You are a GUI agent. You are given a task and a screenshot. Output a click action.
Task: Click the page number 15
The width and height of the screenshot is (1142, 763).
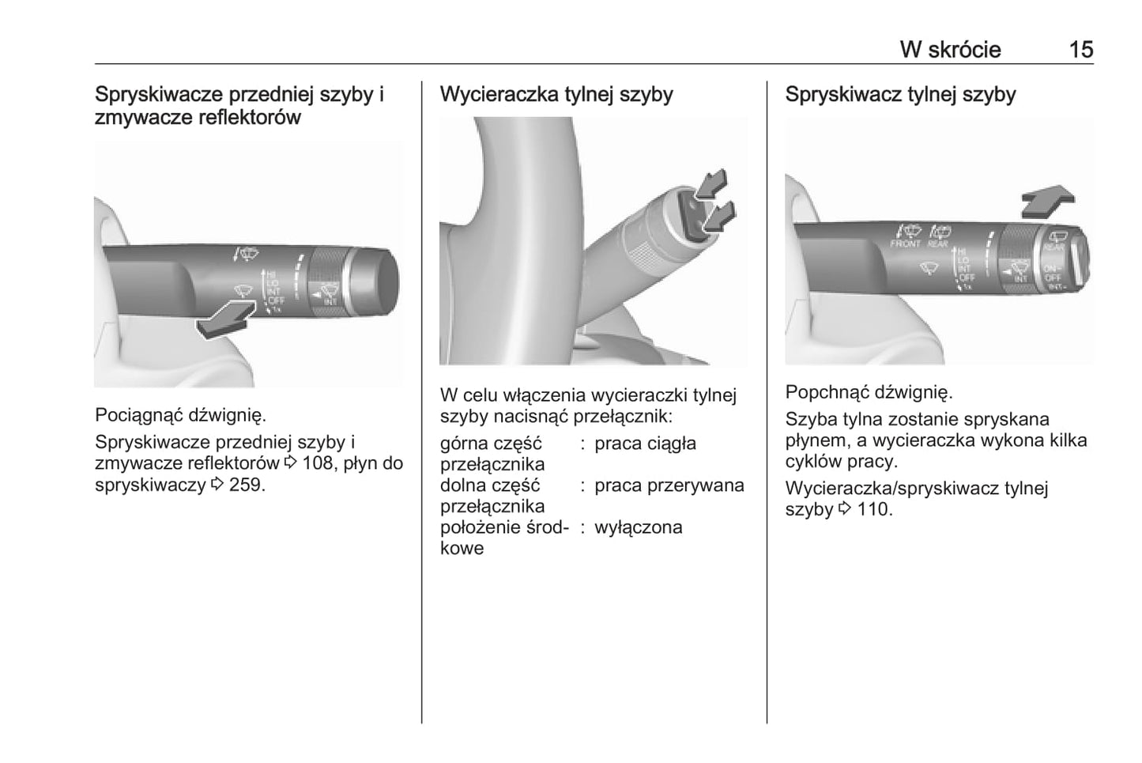click(1080, 50)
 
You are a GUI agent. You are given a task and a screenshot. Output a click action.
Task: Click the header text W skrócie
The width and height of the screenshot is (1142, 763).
click(950, 50)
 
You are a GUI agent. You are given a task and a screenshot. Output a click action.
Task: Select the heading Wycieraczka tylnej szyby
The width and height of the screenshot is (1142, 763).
click(556, 94)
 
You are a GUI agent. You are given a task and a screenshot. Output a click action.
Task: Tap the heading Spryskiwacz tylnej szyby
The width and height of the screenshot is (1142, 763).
click(900, 94)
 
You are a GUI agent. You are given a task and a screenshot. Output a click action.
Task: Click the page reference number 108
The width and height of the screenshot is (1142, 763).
click(318, 463)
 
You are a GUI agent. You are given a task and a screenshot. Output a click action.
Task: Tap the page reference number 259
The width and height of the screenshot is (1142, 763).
click(244, 485)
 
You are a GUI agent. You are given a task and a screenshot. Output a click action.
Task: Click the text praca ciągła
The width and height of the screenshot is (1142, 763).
click(645, 444)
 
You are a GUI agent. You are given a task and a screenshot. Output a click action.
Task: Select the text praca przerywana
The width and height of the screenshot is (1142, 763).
click(669, 485)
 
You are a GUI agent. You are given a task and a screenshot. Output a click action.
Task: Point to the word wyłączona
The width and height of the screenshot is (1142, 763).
click(638, 527)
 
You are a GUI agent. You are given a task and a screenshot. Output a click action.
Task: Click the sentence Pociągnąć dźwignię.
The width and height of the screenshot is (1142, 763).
click(181, 415)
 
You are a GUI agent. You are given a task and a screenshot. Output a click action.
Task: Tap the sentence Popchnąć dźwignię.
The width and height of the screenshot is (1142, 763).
click(869, 392)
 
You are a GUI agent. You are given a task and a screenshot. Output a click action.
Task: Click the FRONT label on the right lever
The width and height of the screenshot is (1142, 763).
click(905, 244)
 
